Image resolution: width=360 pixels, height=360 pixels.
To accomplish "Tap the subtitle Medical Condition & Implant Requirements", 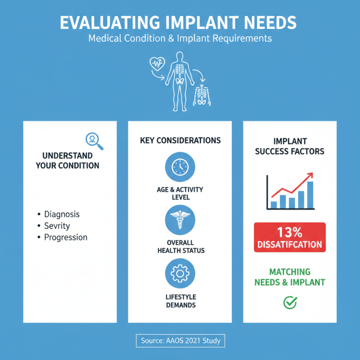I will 180,38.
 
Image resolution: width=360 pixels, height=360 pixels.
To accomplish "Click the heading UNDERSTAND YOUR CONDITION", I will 67,160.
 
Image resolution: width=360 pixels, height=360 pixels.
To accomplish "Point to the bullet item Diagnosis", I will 62,214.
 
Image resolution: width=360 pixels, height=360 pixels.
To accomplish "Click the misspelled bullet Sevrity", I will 57,226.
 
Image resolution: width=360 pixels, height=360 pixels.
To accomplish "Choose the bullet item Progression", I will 66,238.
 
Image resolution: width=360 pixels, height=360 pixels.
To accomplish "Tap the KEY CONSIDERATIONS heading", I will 180,140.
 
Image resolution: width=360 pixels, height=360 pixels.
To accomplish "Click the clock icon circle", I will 180,167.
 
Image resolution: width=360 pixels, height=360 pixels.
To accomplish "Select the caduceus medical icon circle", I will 180,219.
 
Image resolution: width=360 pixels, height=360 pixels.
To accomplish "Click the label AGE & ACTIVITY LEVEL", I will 180,193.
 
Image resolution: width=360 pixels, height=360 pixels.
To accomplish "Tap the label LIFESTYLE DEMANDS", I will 180,301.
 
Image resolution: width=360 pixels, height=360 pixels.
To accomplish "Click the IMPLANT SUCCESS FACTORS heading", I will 289,146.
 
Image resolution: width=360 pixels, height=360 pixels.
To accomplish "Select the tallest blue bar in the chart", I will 310,195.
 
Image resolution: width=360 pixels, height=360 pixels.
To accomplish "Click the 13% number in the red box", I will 290,233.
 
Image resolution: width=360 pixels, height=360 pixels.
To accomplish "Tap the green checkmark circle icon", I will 290,302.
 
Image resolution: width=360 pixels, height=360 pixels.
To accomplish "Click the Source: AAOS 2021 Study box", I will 180,341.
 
